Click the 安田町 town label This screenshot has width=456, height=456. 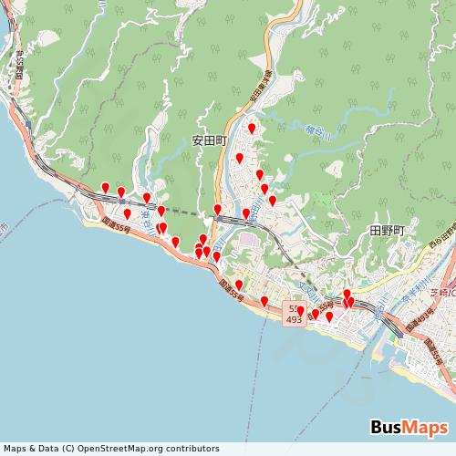(x=208, y=141)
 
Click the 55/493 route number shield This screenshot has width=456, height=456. (x=294, y=315)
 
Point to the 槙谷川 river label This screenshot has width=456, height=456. (x=316, y=133)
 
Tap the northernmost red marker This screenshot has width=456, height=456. (x=252, y=129)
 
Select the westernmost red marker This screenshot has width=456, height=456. (x=106, y=188)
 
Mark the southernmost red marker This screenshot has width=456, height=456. (x=329, y=316)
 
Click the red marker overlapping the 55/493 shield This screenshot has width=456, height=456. (x=300, y=311)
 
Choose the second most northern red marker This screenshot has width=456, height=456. (x=240, y=158)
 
